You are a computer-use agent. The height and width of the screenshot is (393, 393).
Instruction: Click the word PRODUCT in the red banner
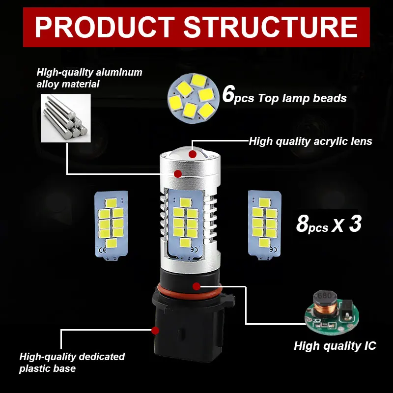105,27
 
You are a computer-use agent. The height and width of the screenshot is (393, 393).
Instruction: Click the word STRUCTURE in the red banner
271,27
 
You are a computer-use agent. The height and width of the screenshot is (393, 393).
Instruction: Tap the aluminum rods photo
66,118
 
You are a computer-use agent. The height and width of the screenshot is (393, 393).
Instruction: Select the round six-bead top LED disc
192,97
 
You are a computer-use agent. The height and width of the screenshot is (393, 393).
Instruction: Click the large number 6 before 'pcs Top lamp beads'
228,94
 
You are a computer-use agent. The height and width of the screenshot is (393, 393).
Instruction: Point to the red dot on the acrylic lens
193,154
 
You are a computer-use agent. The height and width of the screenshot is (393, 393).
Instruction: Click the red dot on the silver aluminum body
178,174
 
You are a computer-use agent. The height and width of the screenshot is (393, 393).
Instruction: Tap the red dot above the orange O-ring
196,286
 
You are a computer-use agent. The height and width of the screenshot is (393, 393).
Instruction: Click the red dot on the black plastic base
155,330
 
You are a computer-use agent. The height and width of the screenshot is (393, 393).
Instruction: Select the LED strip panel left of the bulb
111,225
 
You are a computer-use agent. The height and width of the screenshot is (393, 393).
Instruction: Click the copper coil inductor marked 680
325,302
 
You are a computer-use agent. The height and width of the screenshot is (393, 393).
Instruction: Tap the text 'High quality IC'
335,346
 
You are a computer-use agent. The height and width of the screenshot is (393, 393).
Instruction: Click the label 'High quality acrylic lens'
310,141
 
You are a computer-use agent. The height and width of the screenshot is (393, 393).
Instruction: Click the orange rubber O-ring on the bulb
191,292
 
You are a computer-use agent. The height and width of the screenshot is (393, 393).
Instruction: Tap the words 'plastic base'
47,368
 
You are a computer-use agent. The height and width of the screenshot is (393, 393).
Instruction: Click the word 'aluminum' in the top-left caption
119,72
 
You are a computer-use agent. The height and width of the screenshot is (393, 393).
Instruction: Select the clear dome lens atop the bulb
191,152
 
